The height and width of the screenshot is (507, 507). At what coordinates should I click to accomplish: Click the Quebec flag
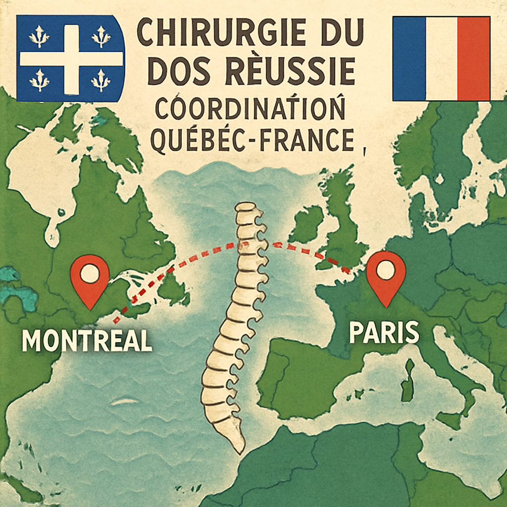pos(70,58)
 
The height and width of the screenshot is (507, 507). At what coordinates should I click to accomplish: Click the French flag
pos(441,58)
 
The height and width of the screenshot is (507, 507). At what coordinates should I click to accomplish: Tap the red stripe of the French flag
pos(473,58)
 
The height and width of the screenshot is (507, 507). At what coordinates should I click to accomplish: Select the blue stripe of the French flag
pos(408,58)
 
